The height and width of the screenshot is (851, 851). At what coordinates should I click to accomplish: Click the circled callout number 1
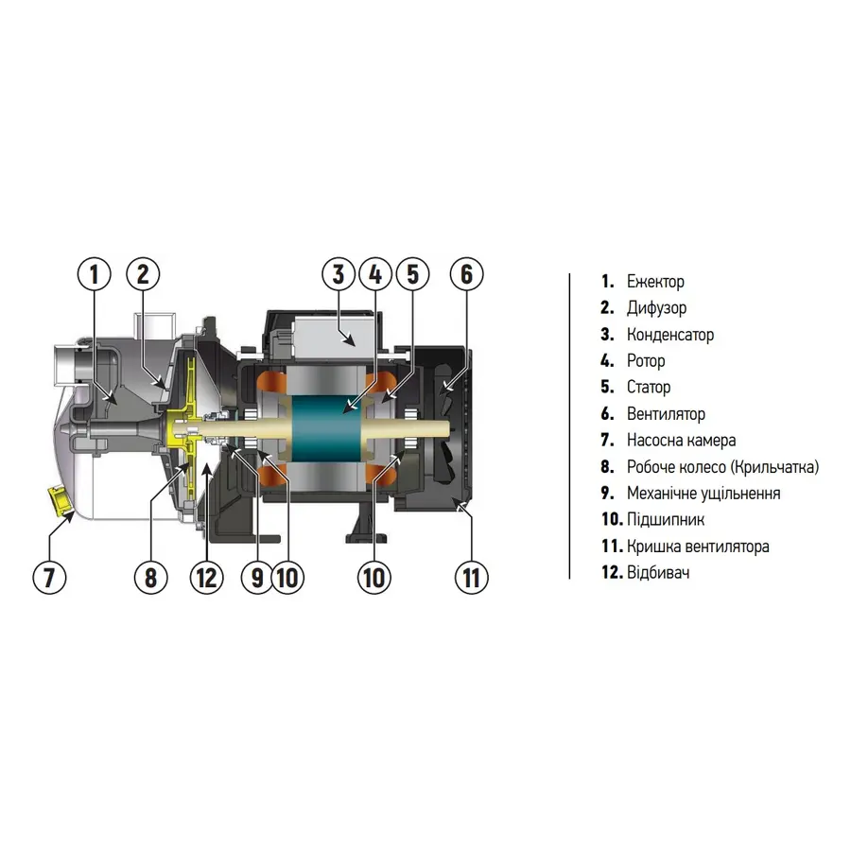pos(94,274)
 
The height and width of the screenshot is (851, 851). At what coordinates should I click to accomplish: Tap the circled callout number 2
pos(143,274)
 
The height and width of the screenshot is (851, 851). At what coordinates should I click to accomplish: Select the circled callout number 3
pos(338,274)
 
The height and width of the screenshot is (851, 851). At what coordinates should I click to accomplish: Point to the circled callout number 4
pos(375,274)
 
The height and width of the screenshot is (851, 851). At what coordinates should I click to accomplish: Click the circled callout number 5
pos(412,274)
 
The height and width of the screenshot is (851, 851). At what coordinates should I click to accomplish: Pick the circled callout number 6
pos(466,274)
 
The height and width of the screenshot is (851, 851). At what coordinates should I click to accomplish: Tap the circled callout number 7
pos(49,575)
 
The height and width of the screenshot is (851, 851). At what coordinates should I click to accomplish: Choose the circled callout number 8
pos(150,575)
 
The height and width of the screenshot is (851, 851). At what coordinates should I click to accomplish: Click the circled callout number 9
pos(256,575)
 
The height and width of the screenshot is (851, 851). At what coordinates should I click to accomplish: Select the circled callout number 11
pos(470,575)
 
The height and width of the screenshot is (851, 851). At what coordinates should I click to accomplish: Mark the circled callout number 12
pos(206,575)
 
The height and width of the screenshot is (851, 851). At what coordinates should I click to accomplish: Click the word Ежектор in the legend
pos(655,282)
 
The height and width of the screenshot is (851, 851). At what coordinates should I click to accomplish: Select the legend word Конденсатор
pos(669,335)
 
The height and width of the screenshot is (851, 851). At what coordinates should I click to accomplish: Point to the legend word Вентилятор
pos(666,414)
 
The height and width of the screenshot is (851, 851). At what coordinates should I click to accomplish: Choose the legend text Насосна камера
pos(681,441)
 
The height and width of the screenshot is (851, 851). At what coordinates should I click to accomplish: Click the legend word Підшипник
pos(665,520)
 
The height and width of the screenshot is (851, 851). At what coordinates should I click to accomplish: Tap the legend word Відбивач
pos(657,573)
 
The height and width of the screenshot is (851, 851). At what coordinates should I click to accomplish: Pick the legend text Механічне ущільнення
pos(703,494)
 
